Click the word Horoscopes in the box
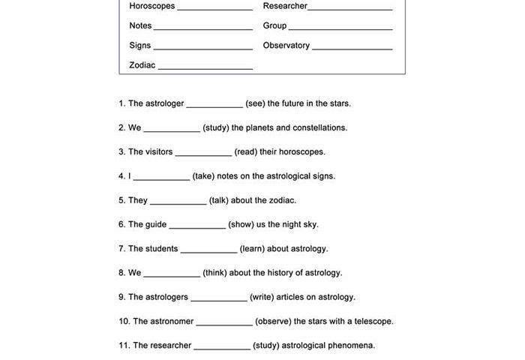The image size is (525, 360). tap(152, 6)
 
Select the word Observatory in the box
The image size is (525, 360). tap(286, 46)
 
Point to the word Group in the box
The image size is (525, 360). tap(274, 25)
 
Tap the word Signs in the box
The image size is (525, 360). tap(139, 46)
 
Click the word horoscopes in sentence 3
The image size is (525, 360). tap(301, 152)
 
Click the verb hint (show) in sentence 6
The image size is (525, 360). tap(243, 224)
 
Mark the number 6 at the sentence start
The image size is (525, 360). tap(121, 224)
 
